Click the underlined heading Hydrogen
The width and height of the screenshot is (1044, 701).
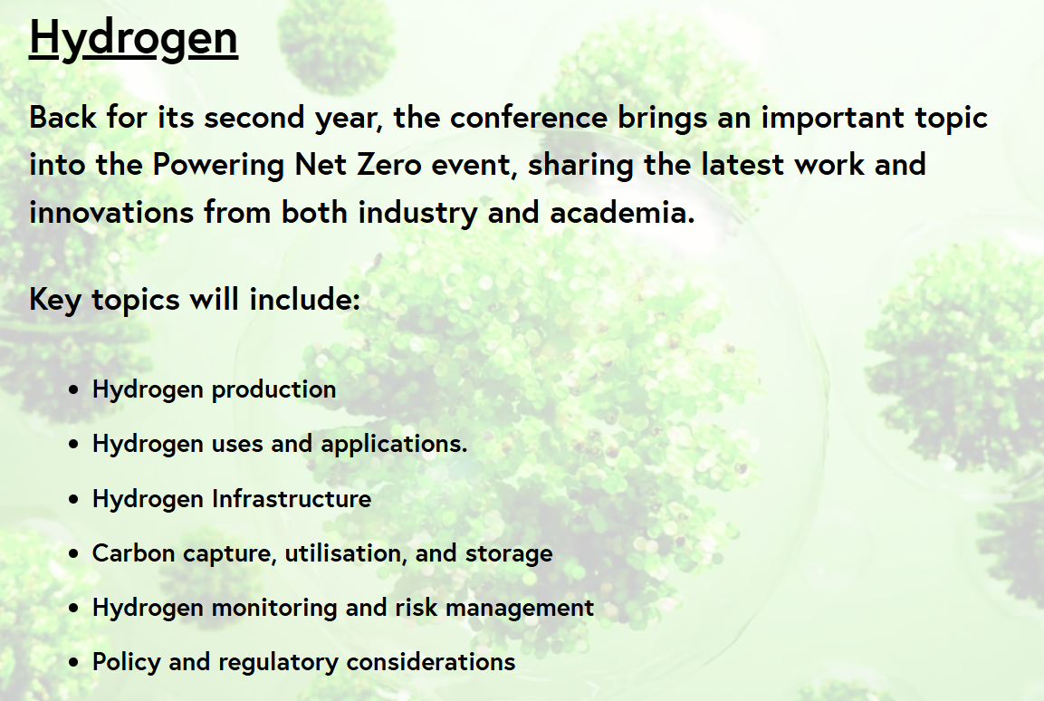point(133,39)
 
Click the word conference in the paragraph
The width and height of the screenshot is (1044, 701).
point(529,118)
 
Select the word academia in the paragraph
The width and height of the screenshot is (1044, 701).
point(622,212)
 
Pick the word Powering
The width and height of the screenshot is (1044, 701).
point(218,166)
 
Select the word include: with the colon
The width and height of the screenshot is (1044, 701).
point(304,300)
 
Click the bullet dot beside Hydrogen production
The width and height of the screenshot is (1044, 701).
point(74,389)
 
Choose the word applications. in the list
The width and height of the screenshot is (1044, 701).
point(394,445)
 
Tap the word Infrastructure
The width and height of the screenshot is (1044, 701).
point(292,499)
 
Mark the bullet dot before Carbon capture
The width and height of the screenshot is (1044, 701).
point(74,553)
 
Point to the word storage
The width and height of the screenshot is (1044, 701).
point(509,554)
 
